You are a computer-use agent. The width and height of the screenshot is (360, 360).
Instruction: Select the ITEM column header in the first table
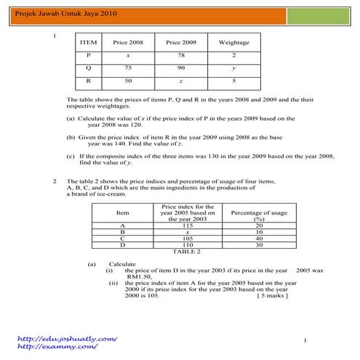(x=88, y=42)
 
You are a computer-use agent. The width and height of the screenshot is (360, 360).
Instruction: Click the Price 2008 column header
(x=128, y=42)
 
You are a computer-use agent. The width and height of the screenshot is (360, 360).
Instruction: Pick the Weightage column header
(x=233, y=42)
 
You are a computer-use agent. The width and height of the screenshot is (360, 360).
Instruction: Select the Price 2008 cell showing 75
(x=128, y=67)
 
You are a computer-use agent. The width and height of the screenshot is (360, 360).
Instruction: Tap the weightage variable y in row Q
(x=233, y=67)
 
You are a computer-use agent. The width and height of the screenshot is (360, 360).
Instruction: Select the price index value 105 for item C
(x=188, y=238)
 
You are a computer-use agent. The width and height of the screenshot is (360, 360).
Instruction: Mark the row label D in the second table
(x=121, y=244)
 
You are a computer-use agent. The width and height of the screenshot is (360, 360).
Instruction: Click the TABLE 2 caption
(x=186, y=252)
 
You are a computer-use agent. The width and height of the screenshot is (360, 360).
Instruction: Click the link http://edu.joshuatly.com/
(x=67, y=339)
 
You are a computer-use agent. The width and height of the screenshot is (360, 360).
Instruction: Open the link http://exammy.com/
(x=57, y=347)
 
